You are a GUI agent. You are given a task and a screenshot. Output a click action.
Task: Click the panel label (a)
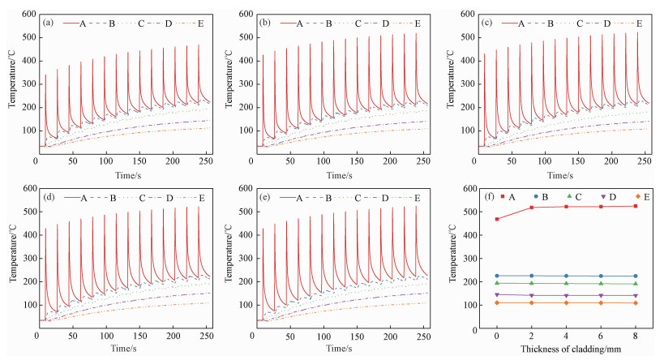[49, 23]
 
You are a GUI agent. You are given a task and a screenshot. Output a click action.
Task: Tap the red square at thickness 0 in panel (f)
[497, 219]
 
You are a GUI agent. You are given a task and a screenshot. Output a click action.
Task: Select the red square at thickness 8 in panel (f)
[636, 206]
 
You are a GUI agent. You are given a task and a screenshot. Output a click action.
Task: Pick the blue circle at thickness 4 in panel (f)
[566, 276]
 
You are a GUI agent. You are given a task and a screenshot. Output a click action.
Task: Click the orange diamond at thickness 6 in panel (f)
[601, 302]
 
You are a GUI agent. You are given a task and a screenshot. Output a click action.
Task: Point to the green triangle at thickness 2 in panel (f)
[531, 283]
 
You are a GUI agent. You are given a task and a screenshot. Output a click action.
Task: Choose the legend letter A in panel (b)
[296, 24]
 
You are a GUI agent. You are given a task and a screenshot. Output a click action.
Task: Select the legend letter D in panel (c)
[606, 24]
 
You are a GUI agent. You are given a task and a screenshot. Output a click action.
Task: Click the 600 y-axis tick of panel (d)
[24, 189]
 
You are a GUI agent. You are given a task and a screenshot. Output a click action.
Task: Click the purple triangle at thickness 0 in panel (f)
[497, 294]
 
